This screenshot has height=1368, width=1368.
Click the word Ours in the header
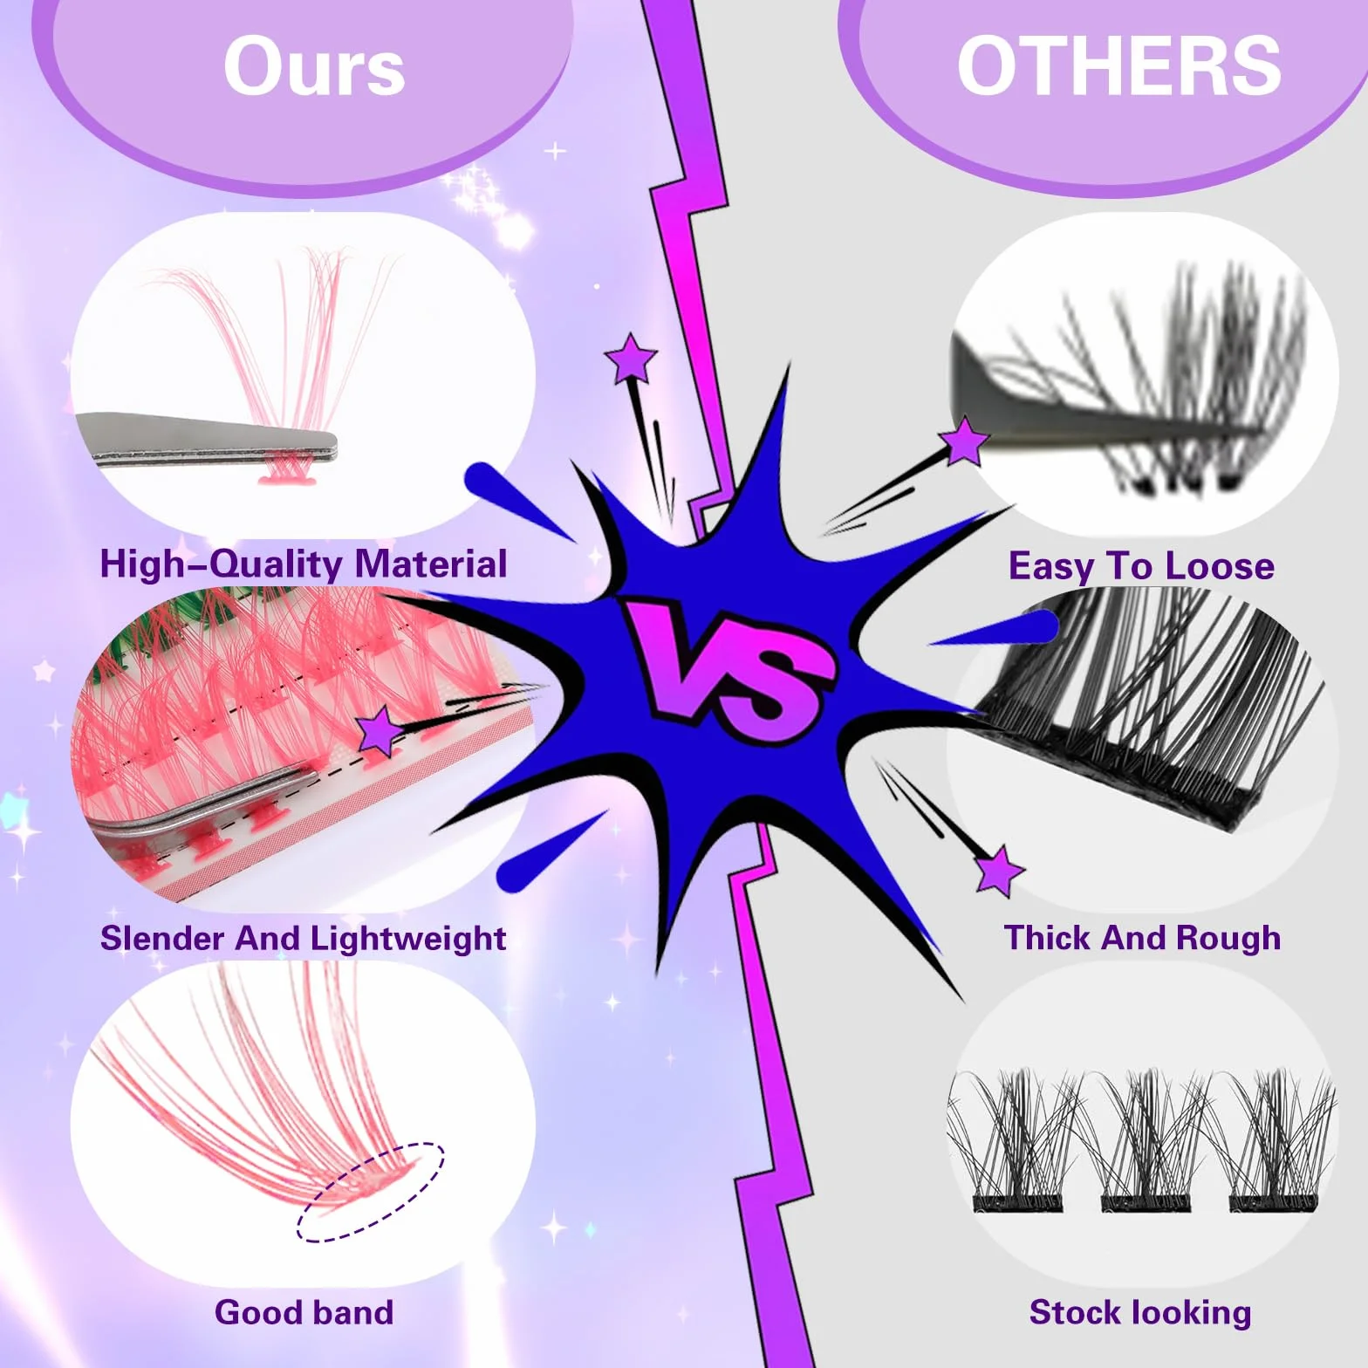[314, 66]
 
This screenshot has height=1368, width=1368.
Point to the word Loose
[1220, 566]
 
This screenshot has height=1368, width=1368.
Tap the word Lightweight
[408, 940]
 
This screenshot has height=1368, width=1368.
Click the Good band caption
[304, 1312]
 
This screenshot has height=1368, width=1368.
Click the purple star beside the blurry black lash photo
[964, 441]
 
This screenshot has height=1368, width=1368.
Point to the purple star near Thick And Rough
[999, 870]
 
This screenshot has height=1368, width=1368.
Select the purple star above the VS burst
[631, 358]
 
